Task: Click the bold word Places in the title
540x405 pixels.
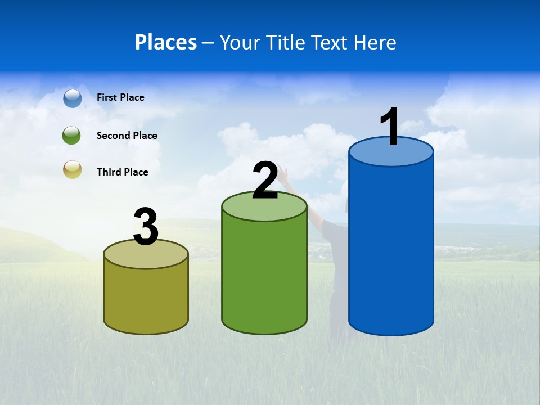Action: (x=165, y=42)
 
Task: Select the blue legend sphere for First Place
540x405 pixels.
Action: (x=73, y=98)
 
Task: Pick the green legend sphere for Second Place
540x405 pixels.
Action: (x=72, y=136)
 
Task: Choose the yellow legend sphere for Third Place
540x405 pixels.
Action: (x=73, y=169)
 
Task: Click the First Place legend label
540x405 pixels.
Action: (x=120, y=97)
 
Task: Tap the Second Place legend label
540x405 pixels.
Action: (x=127, y=136)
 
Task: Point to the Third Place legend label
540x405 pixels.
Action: (x=122, y=172)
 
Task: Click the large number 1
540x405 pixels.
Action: (x=390, y=127)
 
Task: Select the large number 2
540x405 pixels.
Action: (x=265, y=181)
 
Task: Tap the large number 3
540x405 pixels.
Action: (x=146, y=227)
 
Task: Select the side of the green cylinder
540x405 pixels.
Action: (x=264, y=276)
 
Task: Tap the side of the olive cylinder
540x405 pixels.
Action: (x=146, y=298)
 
